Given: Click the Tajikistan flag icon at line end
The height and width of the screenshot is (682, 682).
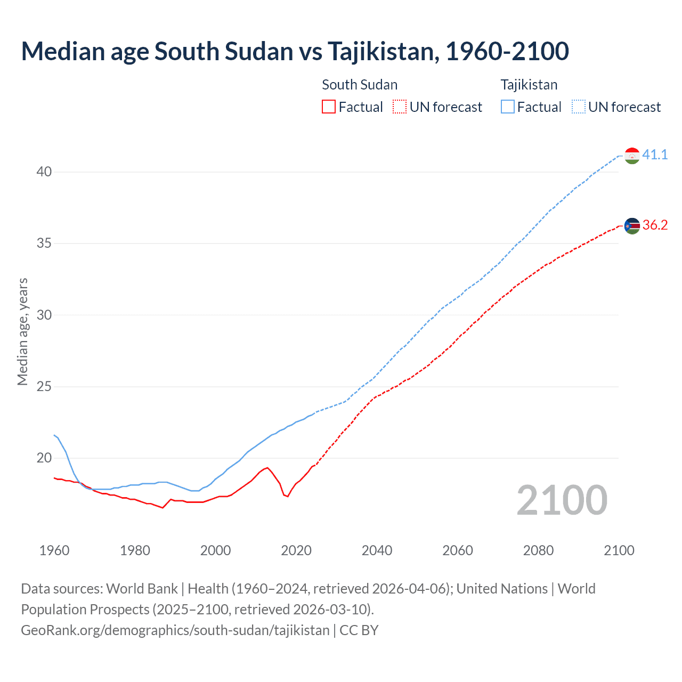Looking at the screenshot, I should (632, 156).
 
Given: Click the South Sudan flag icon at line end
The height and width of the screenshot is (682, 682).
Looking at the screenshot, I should (632, 226).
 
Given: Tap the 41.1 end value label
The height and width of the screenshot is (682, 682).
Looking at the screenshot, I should (655, 155).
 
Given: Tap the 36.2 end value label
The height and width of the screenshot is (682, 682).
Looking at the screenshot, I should (655, 225).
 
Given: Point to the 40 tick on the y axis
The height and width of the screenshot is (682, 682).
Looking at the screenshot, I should (44, 172).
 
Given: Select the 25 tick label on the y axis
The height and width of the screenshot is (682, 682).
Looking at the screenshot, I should (44, 386).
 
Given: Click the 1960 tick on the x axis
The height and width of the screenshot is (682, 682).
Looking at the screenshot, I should (54, 550).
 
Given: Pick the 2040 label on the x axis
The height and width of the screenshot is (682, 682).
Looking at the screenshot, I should (377, 550).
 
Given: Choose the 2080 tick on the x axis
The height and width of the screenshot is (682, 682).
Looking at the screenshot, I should (538, 550).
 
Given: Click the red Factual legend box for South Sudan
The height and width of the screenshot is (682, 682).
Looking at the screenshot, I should (329, 107).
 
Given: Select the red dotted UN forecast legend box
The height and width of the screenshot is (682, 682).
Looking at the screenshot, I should (400, 107).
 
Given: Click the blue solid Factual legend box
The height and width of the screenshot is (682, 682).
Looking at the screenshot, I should (508, 107).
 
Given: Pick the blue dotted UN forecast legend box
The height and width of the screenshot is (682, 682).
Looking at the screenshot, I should (579, 107).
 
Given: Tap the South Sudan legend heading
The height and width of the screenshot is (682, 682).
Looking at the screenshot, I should (360, 85).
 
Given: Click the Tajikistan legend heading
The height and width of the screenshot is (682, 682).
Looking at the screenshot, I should (529, 85).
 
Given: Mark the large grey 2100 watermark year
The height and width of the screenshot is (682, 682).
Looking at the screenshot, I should (562, 500).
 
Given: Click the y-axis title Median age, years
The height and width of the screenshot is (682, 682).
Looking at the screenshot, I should (22, 331).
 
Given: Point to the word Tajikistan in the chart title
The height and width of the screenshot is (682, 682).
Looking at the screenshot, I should (383, 51).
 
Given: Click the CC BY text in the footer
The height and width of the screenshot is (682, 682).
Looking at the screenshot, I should (359, 630).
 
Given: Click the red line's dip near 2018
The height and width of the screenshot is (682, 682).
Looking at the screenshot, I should (288, 496).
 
